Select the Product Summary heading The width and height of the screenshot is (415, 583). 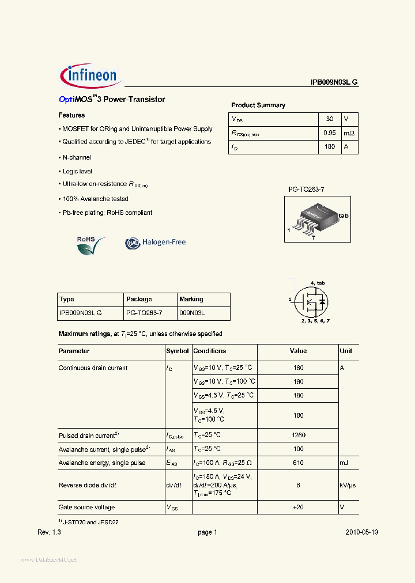pos(258,105)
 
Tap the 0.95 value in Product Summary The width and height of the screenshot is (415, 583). pos(330,133)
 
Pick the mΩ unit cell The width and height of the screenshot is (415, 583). pos(349,133)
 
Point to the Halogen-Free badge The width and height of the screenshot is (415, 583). pos(156,243)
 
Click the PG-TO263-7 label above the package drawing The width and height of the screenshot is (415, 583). pos(311,189)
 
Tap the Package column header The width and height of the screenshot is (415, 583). pos(139,300)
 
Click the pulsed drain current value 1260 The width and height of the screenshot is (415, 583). pos(299,436)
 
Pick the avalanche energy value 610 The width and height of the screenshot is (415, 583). pos(299,463)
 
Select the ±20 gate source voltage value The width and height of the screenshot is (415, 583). pos(299,508)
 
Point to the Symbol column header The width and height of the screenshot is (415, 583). pos(178,351)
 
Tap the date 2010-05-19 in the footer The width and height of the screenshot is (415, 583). pos(362,533)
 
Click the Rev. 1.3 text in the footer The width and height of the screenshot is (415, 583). pos(49,533)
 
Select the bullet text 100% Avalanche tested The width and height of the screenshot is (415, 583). pos(95,199)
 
